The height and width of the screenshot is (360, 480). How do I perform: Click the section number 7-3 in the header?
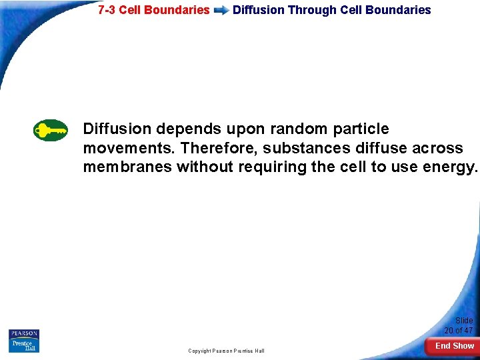point(107,10)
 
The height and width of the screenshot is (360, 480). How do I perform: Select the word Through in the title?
point(312,10)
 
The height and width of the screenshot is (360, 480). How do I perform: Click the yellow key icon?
point(51,130)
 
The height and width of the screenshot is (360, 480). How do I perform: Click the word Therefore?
point(217,148)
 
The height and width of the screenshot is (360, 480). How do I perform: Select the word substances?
point(306,148)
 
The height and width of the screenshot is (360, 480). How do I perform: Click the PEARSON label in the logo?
point(24,333)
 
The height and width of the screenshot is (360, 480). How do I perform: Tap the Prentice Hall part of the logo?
point(24,345)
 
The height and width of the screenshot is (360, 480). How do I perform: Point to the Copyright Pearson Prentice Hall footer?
point(226,351)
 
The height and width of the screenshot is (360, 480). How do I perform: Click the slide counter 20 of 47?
point(459,326)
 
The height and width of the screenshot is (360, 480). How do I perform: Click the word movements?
point(129,148)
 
